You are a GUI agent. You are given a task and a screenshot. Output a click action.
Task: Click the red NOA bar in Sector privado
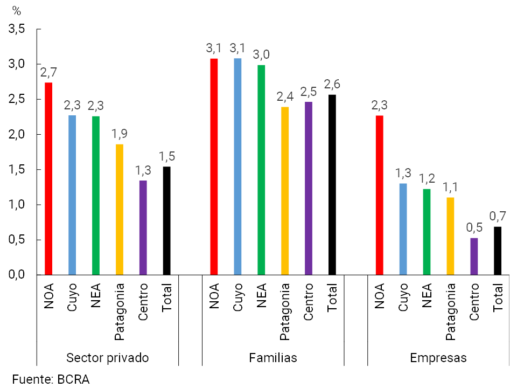pyautogui.click(x=48, y=178)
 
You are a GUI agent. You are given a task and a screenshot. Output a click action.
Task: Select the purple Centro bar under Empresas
pyautogui.click(x=474, y=257)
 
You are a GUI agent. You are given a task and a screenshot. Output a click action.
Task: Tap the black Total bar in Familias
pyautogui.click(x=332, y=185)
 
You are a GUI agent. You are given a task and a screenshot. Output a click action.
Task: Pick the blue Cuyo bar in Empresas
pyautogui.click(x=403, y=229)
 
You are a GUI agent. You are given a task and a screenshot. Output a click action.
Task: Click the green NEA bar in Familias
pyautogui.click(x=261, y=170)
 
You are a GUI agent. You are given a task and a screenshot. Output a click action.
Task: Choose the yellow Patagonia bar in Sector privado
pyautogui.click(x=119, y=210)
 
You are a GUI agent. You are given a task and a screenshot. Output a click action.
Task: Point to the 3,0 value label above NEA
pyautogui.click(x=261, y=54)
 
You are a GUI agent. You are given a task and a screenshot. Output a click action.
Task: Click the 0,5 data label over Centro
pyautogui.click(x=474, y=228)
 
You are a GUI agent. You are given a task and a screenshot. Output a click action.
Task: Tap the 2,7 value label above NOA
pyautogui.click(x=48, y=73)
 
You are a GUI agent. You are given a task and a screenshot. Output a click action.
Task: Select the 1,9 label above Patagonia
pyautogui.click(x=120, y=134)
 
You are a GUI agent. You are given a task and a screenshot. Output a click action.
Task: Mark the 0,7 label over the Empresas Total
pyautogui.click(x=498, y=217)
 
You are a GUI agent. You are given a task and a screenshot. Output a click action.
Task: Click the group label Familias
pyautogui.click(x=273, y=358)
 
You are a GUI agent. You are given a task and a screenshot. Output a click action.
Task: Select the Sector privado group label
pyautogui.click(x=107, y=358)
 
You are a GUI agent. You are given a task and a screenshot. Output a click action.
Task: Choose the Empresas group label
pyautogui.click(x=438, y=358)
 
